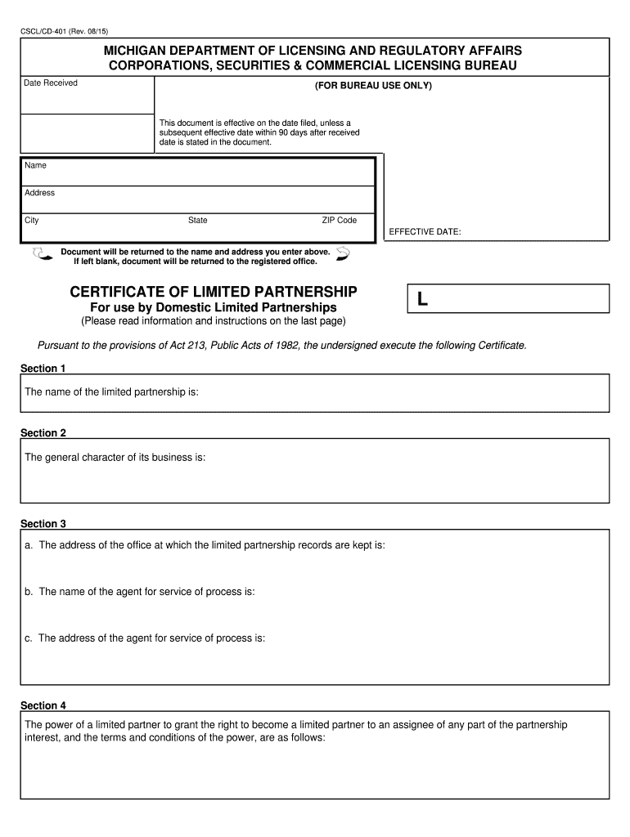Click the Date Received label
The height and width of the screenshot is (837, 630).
[x=51, y=83]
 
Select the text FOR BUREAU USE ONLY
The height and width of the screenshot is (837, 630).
[x=373, y=86]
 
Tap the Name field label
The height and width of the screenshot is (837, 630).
[x=36, y=165]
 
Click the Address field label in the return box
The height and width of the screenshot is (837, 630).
[x=40, y=193]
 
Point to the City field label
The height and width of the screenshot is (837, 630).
[x=32, y=221]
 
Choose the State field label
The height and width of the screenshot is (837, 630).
[x=198, y=221]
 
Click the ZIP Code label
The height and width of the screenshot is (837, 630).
[x=339, y=221]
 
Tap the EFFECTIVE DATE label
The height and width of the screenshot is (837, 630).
[x=425, y=232]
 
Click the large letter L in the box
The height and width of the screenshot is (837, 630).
[x=422, y=300]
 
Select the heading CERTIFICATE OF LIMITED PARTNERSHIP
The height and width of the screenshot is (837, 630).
[x=214, y=292]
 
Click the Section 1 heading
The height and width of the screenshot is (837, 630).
[x=43, y=369]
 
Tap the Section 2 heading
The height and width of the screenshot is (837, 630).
[x=43, y=433]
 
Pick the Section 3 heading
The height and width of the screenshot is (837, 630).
[x=43, y=524]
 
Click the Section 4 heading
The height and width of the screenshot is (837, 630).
[x=43, y=705]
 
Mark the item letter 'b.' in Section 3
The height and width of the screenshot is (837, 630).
[x=29, y=592]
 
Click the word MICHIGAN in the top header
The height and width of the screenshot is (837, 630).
[x=137, y=51]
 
